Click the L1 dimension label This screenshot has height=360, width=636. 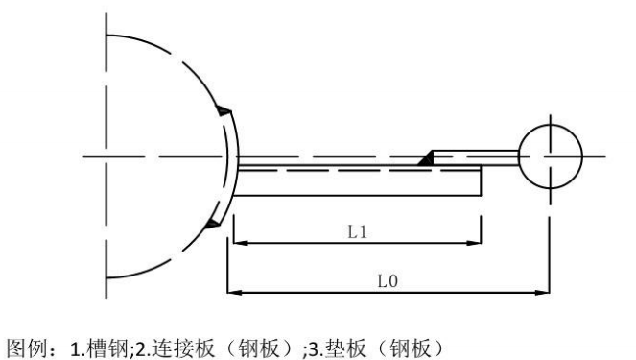tap(355, 232)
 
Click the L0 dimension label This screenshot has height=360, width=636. tap(387, 280)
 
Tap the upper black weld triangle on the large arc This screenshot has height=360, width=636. tap(223, 112)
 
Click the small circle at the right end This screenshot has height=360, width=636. tap(550, 156)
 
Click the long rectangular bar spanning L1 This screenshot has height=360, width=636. tap(355, 182)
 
